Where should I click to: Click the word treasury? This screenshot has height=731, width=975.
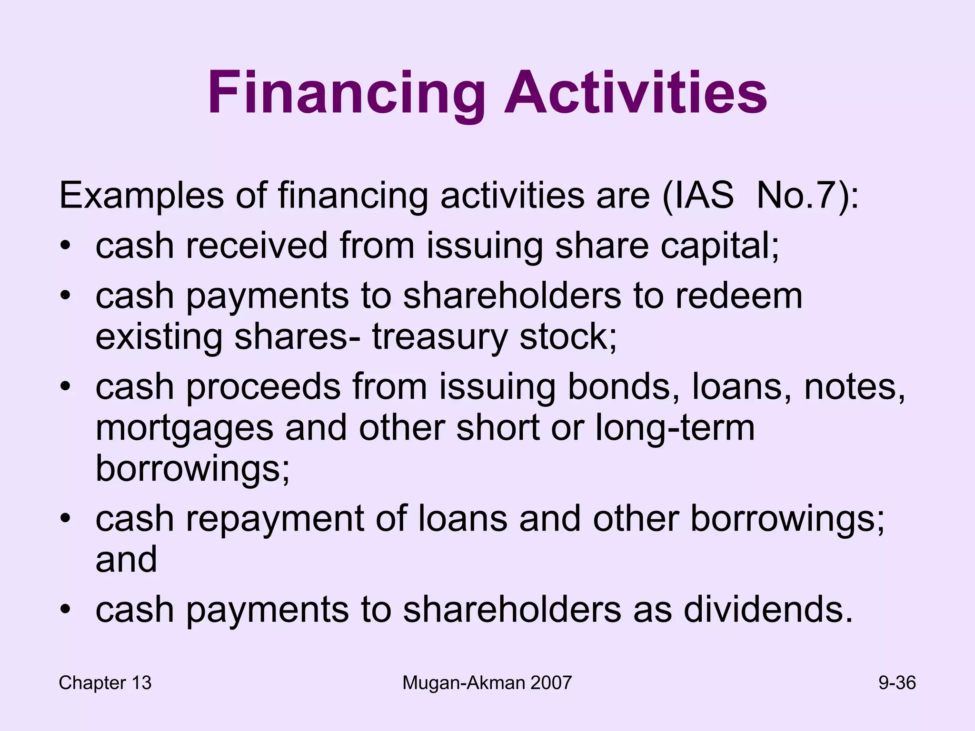tap(440, 337)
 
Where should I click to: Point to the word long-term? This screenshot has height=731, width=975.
tap(675, 427)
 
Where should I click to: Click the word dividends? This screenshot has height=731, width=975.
tap(767, 610)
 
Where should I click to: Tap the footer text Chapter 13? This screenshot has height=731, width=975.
tap(105, 683)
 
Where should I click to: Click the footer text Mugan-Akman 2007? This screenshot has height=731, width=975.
tap(487, 683)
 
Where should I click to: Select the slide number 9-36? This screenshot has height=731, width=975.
tap(897, 683)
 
